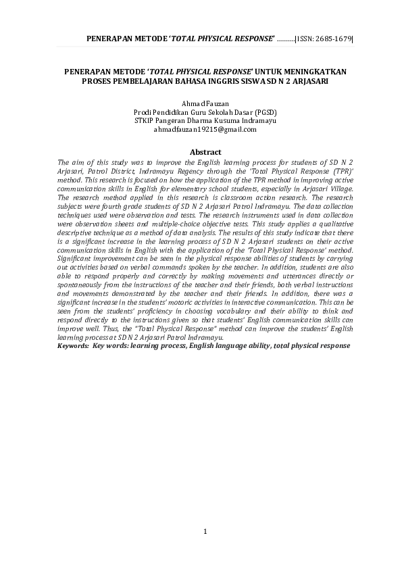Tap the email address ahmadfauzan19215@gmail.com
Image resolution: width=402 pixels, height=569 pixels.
205,128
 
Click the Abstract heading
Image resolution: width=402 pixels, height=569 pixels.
205,153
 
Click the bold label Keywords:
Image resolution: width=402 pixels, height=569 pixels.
73,345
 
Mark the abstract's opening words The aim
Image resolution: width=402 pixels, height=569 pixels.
69,162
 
